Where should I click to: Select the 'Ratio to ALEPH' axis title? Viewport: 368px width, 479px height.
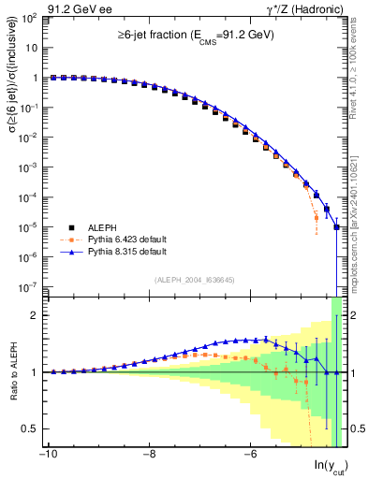click(12, 372)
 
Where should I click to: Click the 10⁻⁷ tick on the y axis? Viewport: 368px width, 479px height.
click(28, 286)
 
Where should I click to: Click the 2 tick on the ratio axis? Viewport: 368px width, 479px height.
click(34, 315)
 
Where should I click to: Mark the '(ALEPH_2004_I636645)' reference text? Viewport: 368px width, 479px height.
click(194, 279)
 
